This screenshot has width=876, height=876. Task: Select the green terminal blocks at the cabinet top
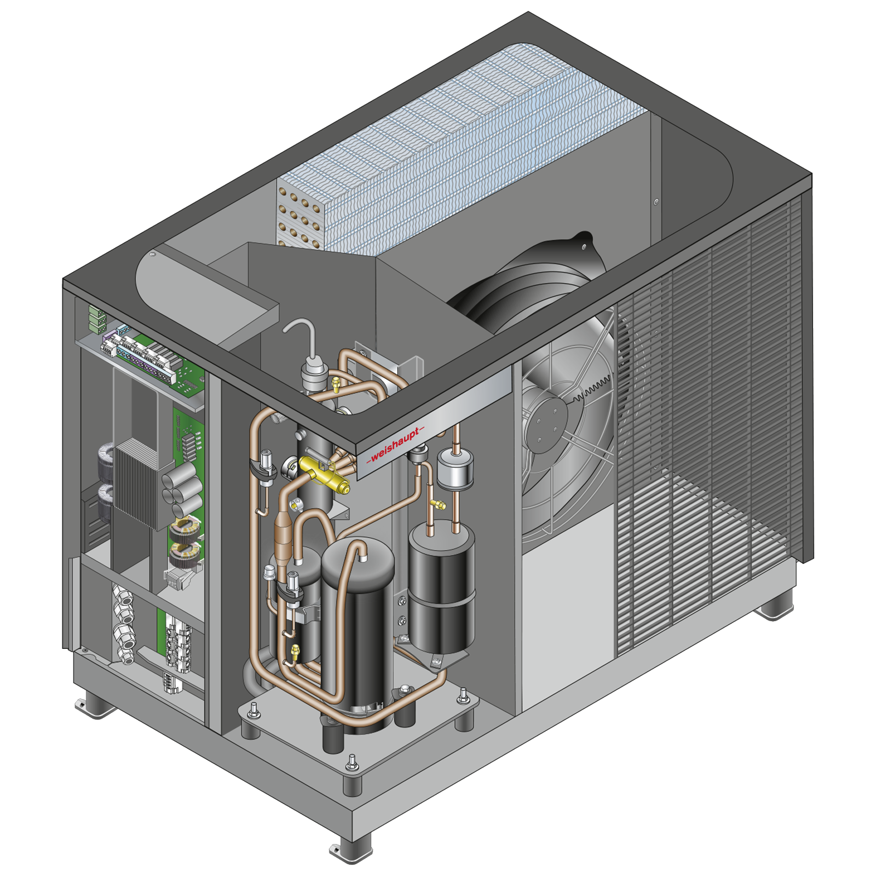[97, 319]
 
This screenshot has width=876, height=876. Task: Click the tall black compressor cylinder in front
[358, 630]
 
